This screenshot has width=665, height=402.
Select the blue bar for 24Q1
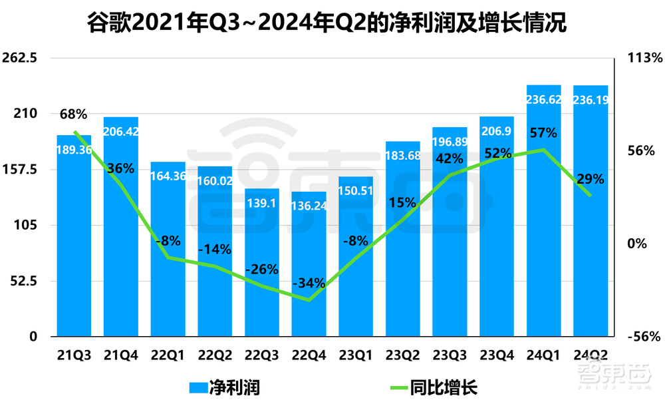click(x=543, y=220)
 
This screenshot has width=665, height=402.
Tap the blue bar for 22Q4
click(x=309, y=266)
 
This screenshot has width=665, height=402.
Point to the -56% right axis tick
click(x=644, y=337)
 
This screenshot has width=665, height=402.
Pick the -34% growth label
click(x=309, y=283)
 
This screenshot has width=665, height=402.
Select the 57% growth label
click(x=543, y=132)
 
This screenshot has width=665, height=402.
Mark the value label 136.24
click(x=309, y=206)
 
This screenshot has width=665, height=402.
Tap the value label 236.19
click(x=591, y=100)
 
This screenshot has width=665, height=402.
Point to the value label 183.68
click(x=402, y=156)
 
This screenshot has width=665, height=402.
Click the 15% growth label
click(x=402, y=202)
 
